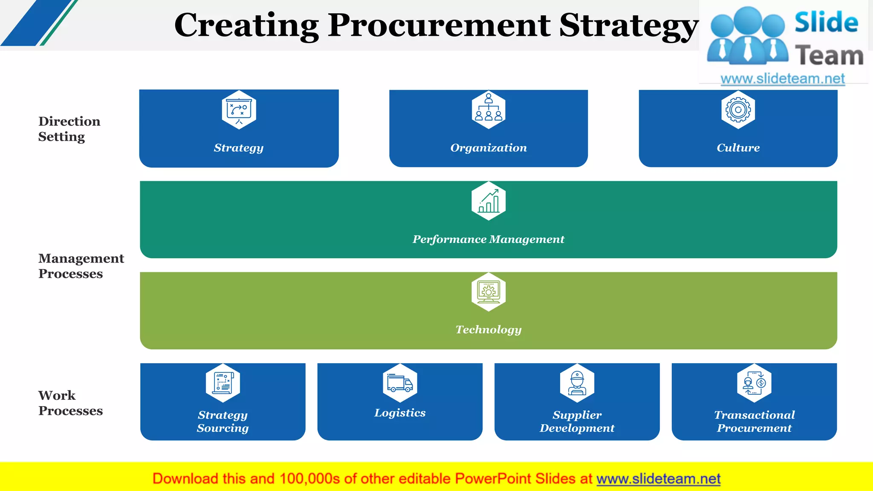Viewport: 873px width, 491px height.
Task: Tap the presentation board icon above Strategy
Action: click(239, 110)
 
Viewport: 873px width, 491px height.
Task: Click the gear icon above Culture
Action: click(738, 110)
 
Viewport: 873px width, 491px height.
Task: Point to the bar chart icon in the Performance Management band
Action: click(489, 201)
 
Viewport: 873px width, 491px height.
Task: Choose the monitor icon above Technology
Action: click(489, 292)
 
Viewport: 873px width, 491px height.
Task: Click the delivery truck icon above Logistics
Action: click(400, 383)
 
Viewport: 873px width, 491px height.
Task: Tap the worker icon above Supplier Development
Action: click(577, 383)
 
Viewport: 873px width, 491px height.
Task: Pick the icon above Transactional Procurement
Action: click(754, 383)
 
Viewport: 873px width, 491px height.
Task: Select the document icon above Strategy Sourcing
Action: click(223, 383)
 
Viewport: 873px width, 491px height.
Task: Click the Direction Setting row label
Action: click(69, 129)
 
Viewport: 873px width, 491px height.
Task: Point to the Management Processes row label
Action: click(81, 266)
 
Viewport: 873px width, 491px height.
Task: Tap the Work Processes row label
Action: click(70, 403)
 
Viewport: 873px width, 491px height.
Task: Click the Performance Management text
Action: click(488, 240)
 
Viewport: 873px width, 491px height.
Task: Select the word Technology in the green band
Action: click(488, 330)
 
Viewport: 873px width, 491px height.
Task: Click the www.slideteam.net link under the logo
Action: click(782, 79)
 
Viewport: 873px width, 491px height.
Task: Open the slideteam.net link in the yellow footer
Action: click(658, 479)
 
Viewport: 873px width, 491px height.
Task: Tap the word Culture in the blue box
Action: click(738, 148)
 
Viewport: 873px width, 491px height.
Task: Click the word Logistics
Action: click(400, 413)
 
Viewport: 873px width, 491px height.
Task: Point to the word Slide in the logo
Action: click(826, 22)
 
